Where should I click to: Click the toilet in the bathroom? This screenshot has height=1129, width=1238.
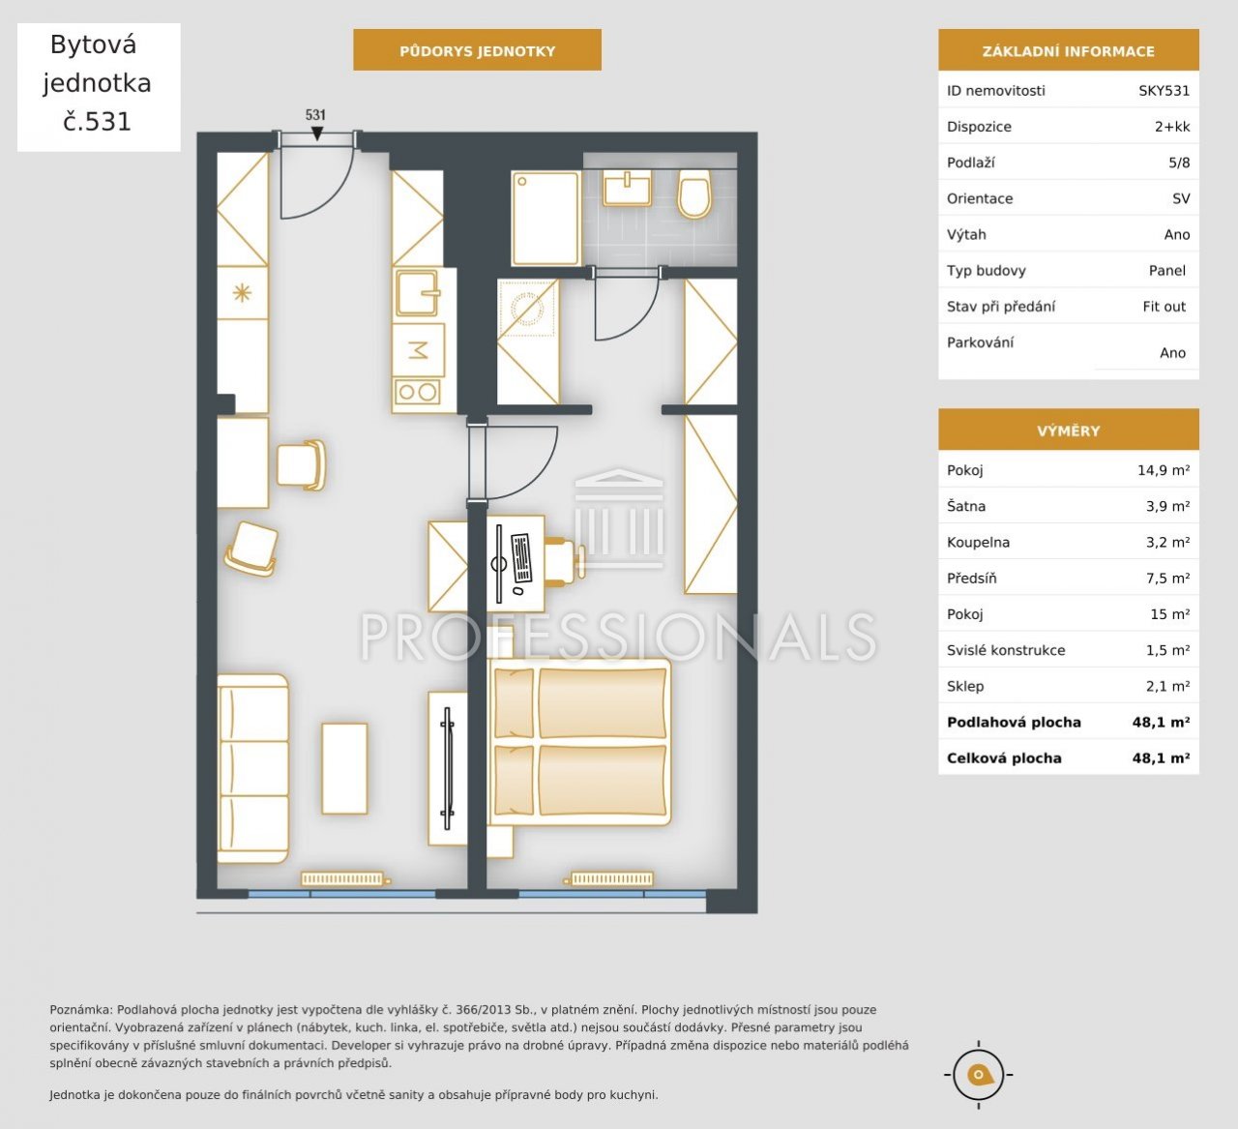point(694,193)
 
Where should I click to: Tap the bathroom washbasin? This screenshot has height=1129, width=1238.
point(627,189)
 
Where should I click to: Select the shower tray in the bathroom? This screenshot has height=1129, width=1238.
point(545,219)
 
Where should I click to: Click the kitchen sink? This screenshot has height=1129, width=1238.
point(417,292)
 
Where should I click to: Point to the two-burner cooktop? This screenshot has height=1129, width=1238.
point(417,392)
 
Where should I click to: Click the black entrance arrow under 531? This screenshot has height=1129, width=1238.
point(316,134)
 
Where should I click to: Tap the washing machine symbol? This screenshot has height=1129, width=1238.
point(526,308)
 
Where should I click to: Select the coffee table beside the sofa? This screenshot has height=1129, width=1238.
point(344,768)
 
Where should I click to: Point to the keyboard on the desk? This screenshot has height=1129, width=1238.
point(521,558)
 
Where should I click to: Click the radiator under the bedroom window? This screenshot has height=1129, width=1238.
point(611,878)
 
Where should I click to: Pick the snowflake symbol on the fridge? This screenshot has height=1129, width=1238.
point(242,292)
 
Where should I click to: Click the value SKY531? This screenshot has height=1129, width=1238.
point(1164,91)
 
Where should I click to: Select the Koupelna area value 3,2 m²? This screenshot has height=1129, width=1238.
point(1167,542)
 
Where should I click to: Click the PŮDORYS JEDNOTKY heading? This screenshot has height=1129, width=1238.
point(477,51)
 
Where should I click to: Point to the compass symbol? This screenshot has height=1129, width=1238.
point(978,1075)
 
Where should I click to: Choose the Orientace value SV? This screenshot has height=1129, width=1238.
point(1181,198)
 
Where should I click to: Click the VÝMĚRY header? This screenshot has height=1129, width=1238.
point(1069,431)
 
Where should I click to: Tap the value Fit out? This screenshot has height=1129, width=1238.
point(1164,307)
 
